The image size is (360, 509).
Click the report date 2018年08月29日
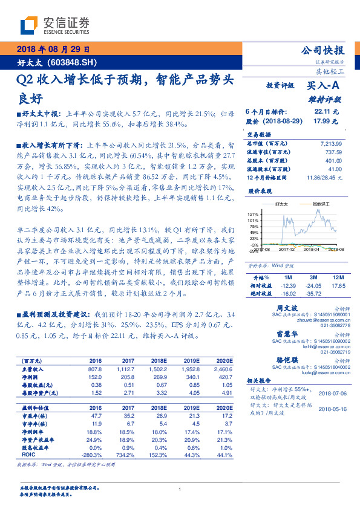(x=53, y=49)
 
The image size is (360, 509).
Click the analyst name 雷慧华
(x=286, y=334)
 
